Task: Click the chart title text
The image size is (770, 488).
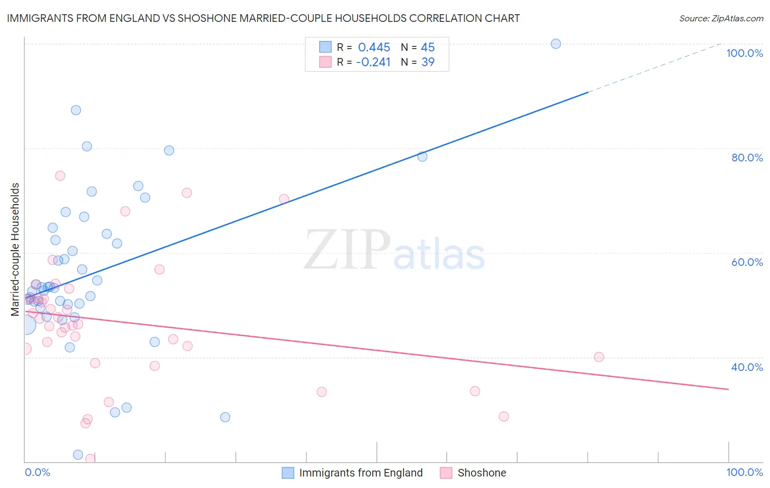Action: click(263, 18)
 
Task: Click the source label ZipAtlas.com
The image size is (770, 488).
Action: click(721, 18)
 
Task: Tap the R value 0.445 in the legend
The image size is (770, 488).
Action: click(374, 47)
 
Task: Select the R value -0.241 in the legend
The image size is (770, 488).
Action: click(373, 62)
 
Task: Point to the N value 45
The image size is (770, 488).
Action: click(428, 47)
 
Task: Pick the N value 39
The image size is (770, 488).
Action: click(428, 62)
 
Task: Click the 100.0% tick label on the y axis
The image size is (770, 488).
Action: click(744, 53)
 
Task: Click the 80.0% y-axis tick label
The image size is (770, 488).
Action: click(747, 158)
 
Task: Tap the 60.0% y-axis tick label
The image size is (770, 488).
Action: click(747, 262)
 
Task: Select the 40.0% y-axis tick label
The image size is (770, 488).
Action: click(747, 367)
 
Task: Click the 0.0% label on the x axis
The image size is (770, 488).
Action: click(38, 472)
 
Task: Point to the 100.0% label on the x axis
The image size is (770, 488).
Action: click(744, 472)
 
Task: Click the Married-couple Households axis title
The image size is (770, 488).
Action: click(15, 249)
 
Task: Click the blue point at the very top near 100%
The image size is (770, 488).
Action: click(556, 44)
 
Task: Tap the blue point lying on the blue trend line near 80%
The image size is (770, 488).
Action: click(422, 156)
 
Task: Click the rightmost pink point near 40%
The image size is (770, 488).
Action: click(599, 357)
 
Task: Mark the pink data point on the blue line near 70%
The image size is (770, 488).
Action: click(284, 199)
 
